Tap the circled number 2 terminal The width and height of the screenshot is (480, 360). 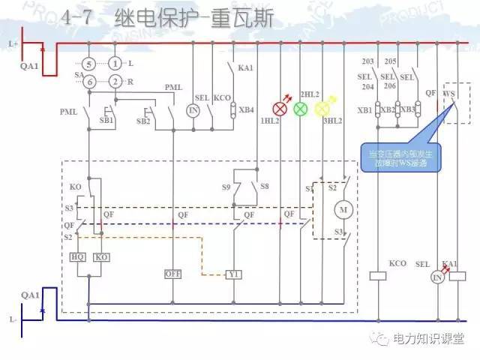pos(115,81)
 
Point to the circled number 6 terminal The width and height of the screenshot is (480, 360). pos(88,81)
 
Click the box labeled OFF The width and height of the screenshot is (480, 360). pos(173,274)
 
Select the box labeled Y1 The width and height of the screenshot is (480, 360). pos(234,274)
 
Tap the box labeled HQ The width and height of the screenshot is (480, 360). pos(77,256)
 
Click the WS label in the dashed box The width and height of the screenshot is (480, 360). pos(450,94)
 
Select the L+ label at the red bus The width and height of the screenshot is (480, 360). pos(13,44)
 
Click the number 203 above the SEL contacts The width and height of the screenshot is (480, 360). pos(367,61)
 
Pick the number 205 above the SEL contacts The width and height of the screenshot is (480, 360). pos(390,61)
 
